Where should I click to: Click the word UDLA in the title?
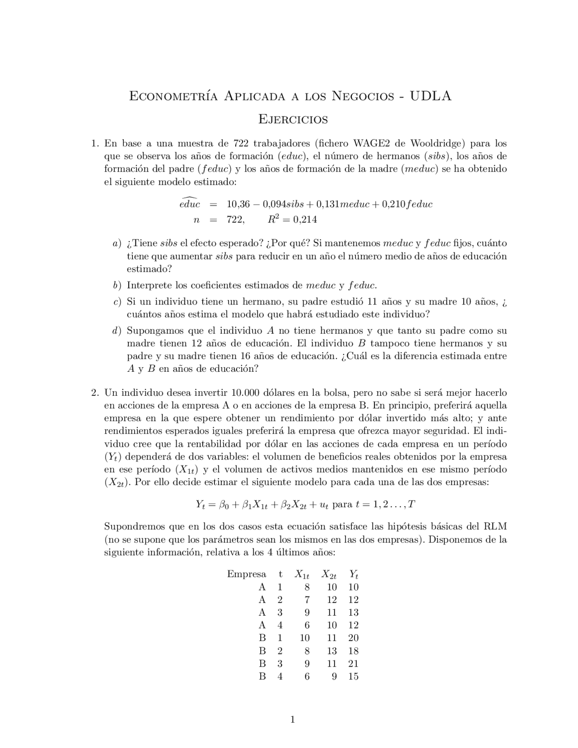(430, 96)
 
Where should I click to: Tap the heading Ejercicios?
(293, 120)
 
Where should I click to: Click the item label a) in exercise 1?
(117, 243)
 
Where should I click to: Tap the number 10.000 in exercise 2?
(247, 393)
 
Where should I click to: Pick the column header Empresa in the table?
(247, 575)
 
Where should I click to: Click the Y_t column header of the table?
(354, 575)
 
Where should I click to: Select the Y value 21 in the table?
(354, 664)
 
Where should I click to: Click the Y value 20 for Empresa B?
(354, 638)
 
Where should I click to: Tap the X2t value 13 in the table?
(332, 651)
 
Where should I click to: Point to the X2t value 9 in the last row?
(334, 676)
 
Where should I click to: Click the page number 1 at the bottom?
(293, 720)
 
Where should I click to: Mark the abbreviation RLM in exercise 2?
(495, 527)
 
